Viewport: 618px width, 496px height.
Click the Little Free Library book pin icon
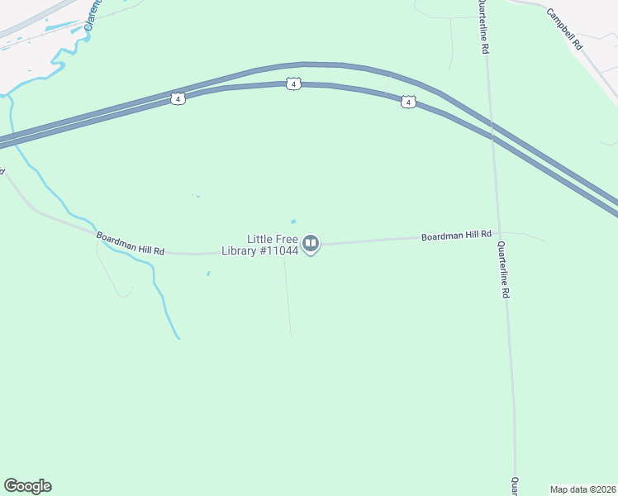pos(311,243)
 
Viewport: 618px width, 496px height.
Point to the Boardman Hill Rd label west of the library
pos(131,244)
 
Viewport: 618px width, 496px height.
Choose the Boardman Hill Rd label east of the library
pos(456,236)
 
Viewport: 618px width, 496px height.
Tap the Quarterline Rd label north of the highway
pos(481,27)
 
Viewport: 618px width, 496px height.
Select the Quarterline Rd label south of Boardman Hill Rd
pos(503,269)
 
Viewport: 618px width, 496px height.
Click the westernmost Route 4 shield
pos(178,98)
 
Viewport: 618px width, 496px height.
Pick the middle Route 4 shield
pos(293,84)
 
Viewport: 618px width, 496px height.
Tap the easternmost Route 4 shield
pos(407,102)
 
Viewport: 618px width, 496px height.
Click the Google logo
pos(27,486)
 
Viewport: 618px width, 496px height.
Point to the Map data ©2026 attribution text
pos(582,489)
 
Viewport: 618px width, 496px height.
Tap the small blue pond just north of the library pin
pos(292,222)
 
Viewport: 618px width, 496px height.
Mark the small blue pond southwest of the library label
pos(208,274)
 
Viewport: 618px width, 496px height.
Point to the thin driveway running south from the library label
pos(288,298)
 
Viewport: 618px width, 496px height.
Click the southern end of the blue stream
pos(178,337)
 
